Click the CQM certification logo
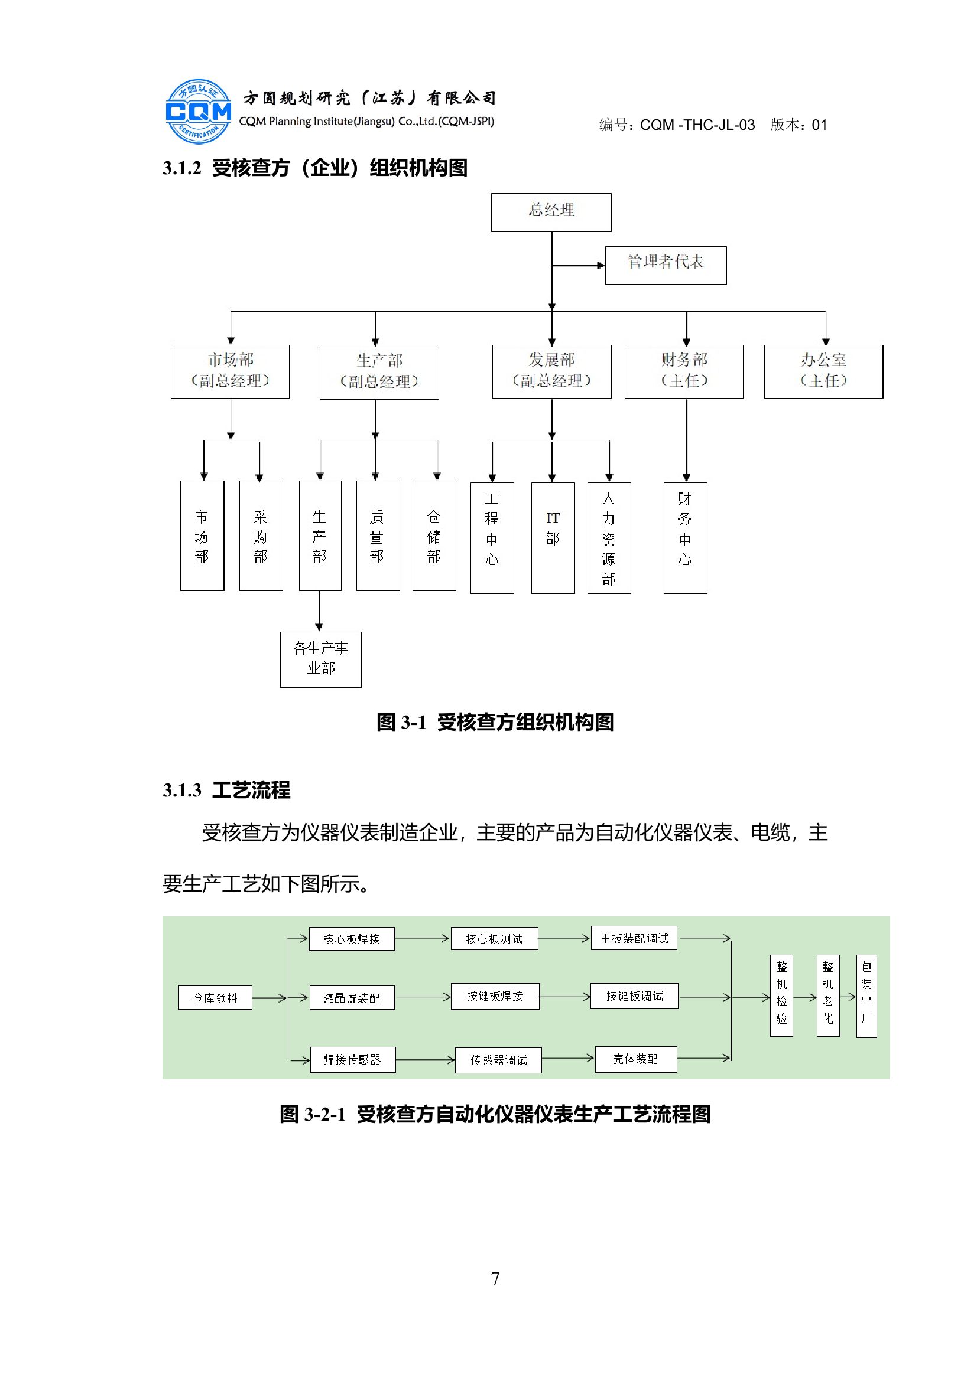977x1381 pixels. pos(198,111)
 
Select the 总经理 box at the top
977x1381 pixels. pos(551,213)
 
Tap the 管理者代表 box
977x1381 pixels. pos(665,265)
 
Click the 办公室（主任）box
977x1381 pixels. pos(823,371)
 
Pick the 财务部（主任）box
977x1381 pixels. pos(684,371)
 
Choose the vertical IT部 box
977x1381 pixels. pos(552,537)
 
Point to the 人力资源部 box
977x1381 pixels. pos(609,537)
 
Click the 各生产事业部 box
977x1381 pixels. pos(320,660)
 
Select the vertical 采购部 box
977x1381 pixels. pos(260,536)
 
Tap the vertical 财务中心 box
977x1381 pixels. pos(685,537)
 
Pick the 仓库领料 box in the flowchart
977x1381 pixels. pos(215,998)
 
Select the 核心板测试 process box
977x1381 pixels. pos(494,939)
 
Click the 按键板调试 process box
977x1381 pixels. pos(634,996)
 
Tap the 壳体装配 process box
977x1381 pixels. pos(635,1059)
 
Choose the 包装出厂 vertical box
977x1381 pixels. pos(866,996)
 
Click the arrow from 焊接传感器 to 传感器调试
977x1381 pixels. pos(425,1060)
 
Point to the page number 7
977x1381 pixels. pos(495,1278)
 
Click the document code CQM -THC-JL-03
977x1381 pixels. pos(697,125)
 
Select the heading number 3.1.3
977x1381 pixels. pos(182,791)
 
